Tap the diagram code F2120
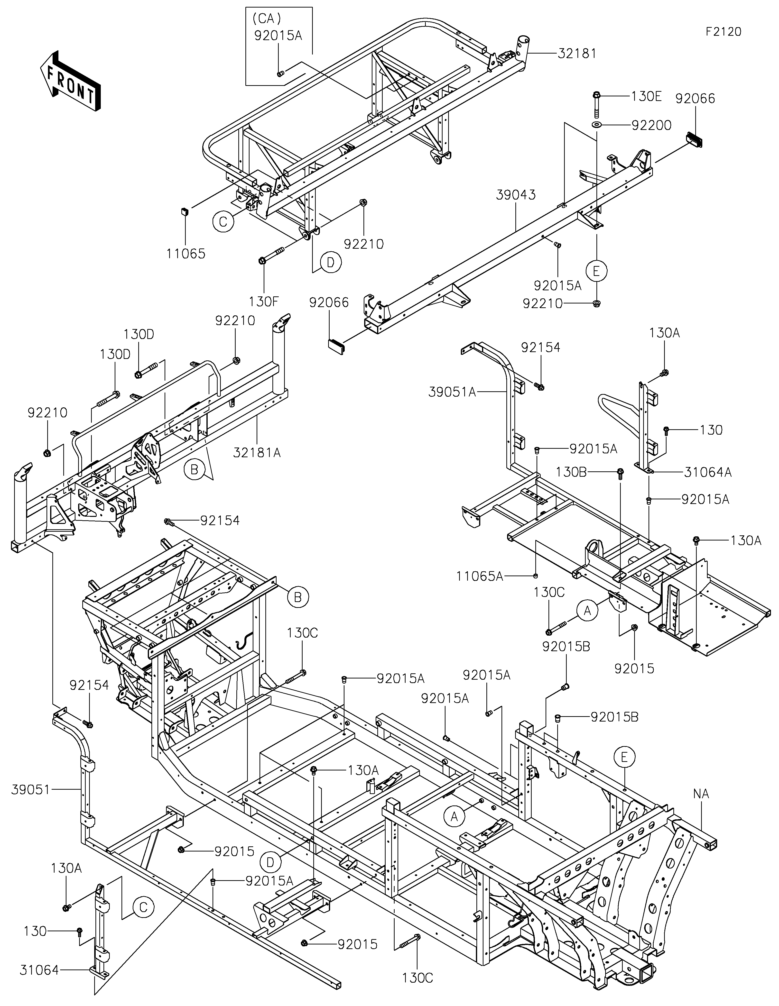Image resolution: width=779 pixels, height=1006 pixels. (723, 32)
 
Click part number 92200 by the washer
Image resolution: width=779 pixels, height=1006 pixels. (651, 125)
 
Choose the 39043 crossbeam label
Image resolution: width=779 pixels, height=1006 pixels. (516, 195)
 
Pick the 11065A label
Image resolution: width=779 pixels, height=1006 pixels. (480, 576)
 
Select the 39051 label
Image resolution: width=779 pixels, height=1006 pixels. (30, 790)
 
